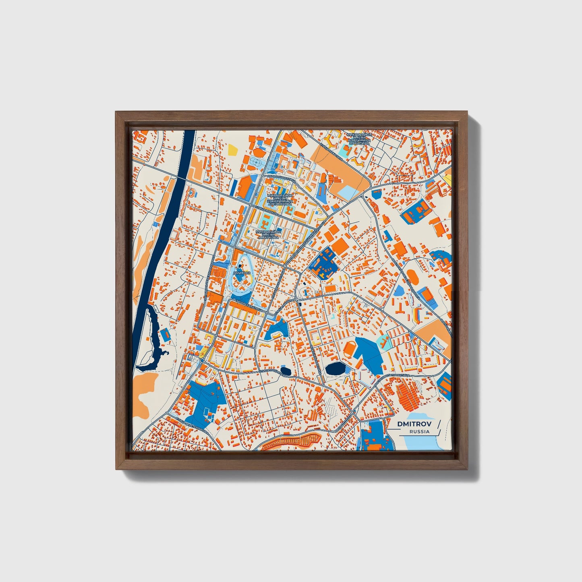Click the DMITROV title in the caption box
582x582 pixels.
pos(414,424)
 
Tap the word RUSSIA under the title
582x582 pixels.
pos(419,432)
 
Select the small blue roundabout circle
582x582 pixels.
pos(202,361)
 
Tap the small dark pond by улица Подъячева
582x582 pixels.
pos(285,370)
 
